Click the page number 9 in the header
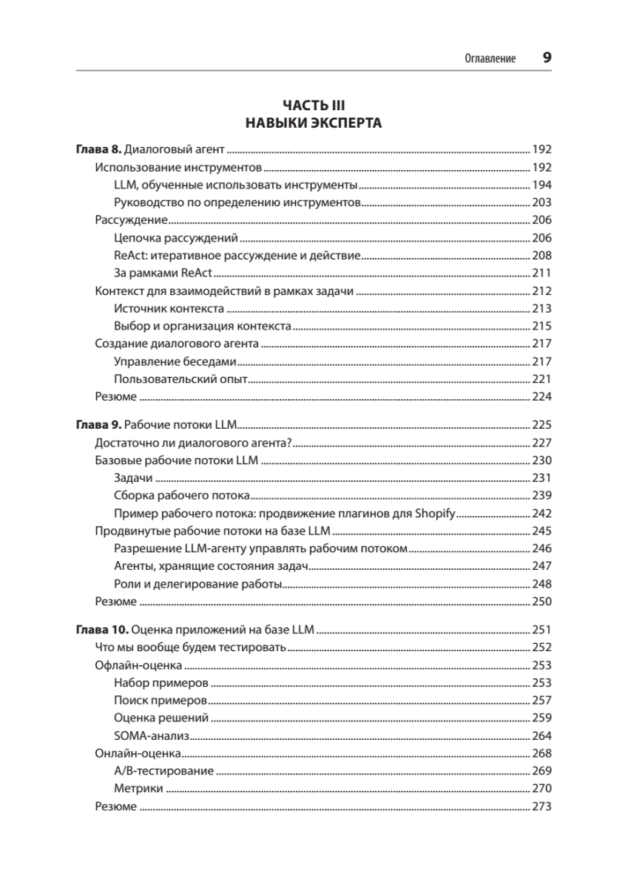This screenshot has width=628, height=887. point(547,58)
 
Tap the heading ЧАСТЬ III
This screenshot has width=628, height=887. point(314,106)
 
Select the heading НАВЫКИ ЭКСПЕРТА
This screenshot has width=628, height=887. point(314,123)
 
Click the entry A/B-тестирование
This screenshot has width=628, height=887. point(164,772)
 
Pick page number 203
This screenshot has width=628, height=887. point(541,203)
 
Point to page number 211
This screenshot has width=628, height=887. point(541,273)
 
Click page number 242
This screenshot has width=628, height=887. point(541,514)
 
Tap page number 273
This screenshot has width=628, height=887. point(541,807)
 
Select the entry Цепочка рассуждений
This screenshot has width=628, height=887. point(176,238)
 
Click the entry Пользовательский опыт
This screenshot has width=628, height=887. point(180,379)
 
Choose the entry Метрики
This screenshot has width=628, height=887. point(139,789)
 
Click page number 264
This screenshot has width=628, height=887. point(541,736)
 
